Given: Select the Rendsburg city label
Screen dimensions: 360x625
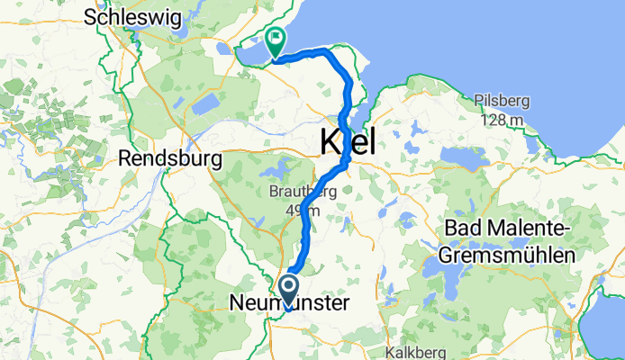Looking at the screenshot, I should [170, 159].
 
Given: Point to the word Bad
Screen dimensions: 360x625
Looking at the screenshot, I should [458, 229].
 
